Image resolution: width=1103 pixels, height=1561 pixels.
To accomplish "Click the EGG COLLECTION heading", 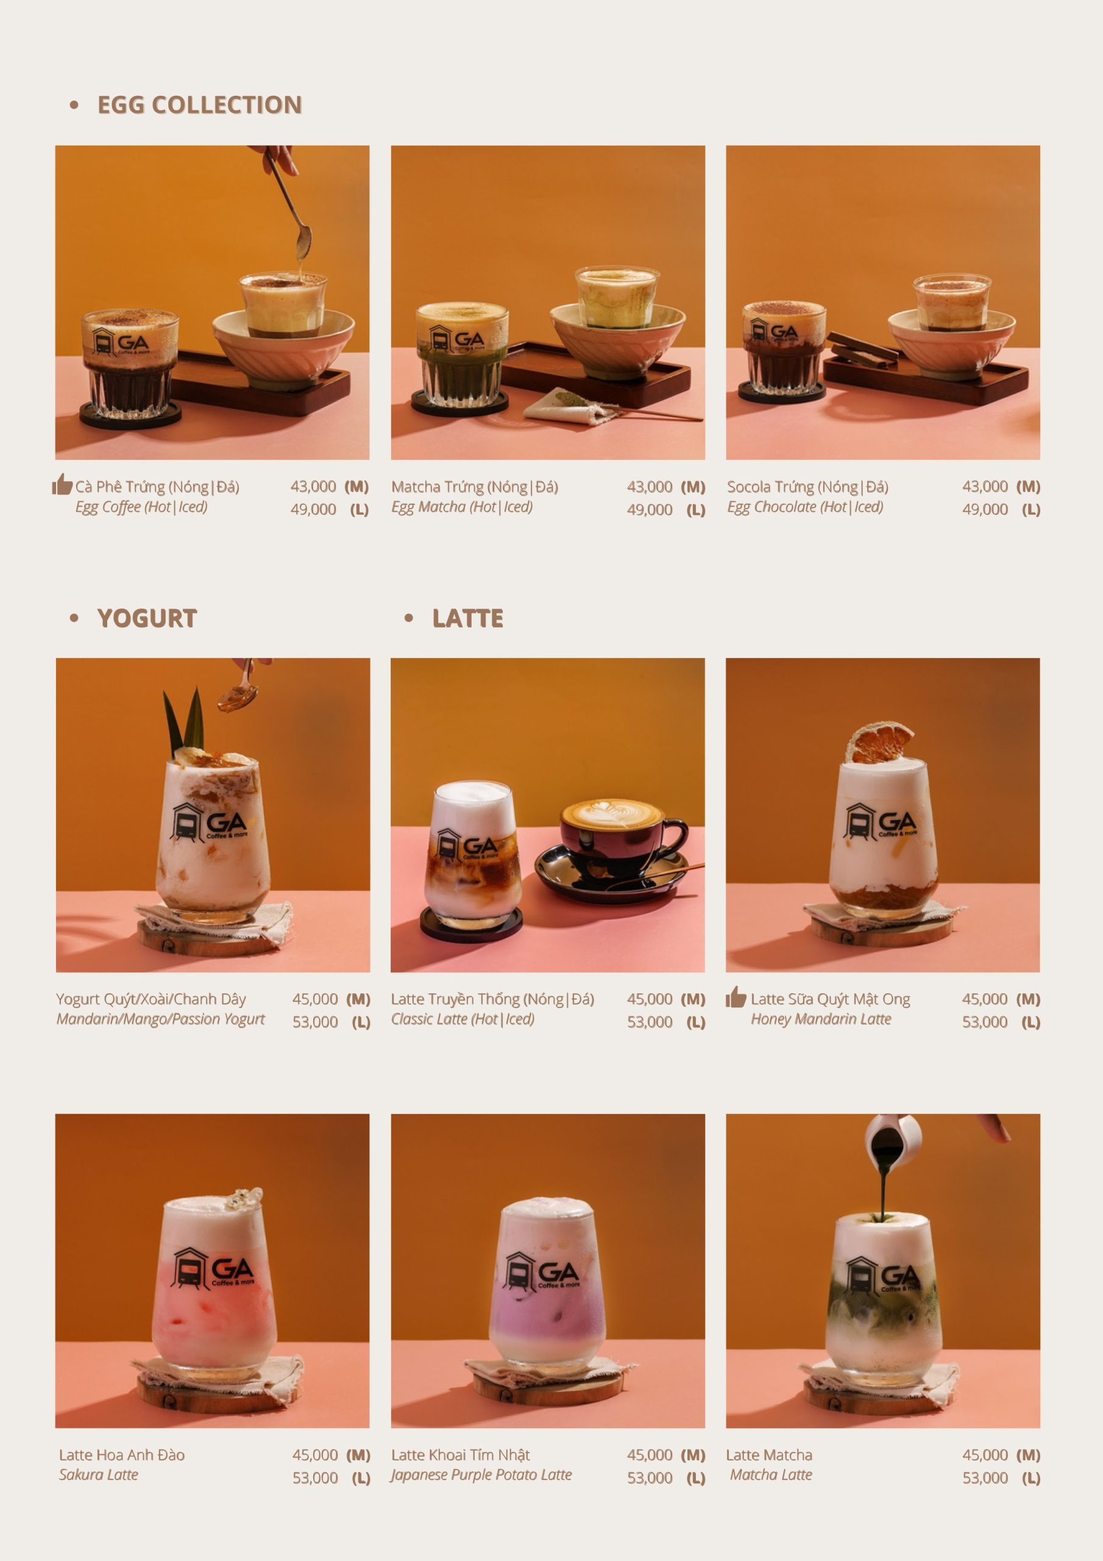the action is point(199,105).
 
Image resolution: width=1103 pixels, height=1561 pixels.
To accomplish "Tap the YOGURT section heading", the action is point(147,618).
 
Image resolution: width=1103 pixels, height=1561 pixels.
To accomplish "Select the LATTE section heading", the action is point(467,618).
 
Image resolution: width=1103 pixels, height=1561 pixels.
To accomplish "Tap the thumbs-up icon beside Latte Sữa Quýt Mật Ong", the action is point(736,997).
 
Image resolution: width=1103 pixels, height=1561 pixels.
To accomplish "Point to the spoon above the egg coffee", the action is point(289,204).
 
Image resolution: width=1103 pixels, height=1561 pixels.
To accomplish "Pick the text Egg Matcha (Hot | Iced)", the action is point(461,507).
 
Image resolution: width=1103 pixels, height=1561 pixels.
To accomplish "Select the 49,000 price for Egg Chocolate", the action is point(985,509).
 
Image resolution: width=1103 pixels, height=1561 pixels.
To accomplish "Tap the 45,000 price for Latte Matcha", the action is point(985,1455).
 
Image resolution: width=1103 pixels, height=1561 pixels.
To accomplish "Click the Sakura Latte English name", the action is point(99,1474).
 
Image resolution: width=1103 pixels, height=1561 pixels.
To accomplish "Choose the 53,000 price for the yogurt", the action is point(315,1022).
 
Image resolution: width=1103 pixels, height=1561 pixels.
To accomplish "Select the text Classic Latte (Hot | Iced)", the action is point(463,1019).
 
